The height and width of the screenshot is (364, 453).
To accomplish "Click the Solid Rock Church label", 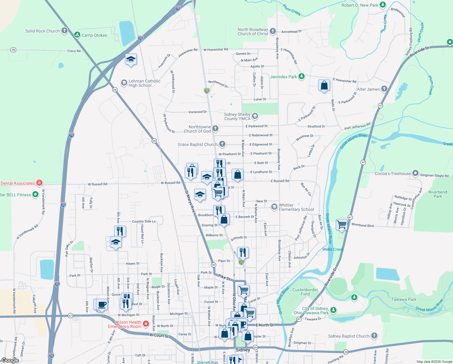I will click(x=42, y=31).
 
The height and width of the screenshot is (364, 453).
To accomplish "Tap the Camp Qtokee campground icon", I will click(x=77, y=35).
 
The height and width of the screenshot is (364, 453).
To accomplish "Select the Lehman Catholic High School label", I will click(x=144, y=83).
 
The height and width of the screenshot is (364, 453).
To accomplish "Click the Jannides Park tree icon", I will click(x=301, y=76).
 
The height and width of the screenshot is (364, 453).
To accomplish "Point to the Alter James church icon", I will click(x=384, y=89).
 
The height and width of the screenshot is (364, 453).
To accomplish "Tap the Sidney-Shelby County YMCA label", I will click(x=237, y=116).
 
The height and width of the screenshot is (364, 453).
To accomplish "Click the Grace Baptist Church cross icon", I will click(x=222, y=144).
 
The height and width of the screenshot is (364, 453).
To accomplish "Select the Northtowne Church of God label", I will click(x=197, y=129).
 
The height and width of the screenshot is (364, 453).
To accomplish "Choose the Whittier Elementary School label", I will click(x=296, y=207).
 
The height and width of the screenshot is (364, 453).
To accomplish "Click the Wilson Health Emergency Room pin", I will click(x=146, y=324).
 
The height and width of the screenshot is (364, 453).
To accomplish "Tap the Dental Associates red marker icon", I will click(x=39, y=183).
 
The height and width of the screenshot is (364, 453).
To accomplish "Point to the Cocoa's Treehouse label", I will click(x=393, y=174).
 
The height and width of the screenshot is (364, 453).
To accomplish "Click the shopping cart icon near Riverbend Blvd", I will click(x=342, y=225).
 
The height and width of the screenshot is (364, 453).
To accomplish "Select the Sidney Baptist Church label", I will click(x=349, y=336).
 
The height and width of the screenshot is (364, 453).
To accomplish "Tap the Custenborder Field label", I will click(x=305, y=292).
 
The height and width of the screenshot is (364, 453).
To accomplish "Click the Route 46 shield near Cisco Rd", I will click(x=13, y=50).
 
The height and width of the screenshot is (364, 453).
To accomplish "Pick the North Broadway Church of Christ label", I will click(x=253, y=32).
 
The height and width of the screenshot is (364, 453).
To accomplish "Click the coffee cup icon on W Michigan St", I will click(x=102, y=304).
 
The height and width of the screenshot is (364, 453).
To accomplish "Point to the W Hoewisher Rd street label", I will click(x=216, y=49).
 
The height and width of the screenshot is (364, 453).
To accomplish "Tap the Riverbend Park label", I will click(x=438, y=194).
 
